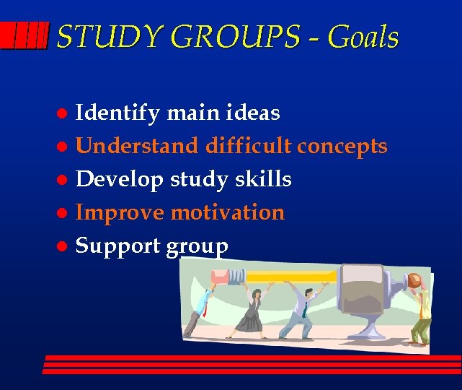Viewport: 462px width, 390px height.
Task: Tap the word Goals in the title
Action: (362, 37)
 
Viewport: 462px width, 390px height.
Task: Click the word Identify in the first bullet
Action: (118, 113)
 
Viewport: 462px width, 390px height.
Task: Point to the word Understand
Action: (137, 146)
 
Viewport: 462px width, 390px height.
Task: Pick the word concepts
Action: (342, 146)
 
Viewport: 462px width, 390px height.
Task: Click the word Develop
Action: (120, 180)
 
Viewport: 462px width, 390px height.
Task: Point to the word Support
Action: (118, 246)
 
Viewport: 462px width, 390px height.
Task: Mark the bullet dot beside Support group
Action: (63, 247)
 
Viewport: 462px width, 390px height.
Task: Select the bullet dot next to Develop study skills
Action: (63, 181)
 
